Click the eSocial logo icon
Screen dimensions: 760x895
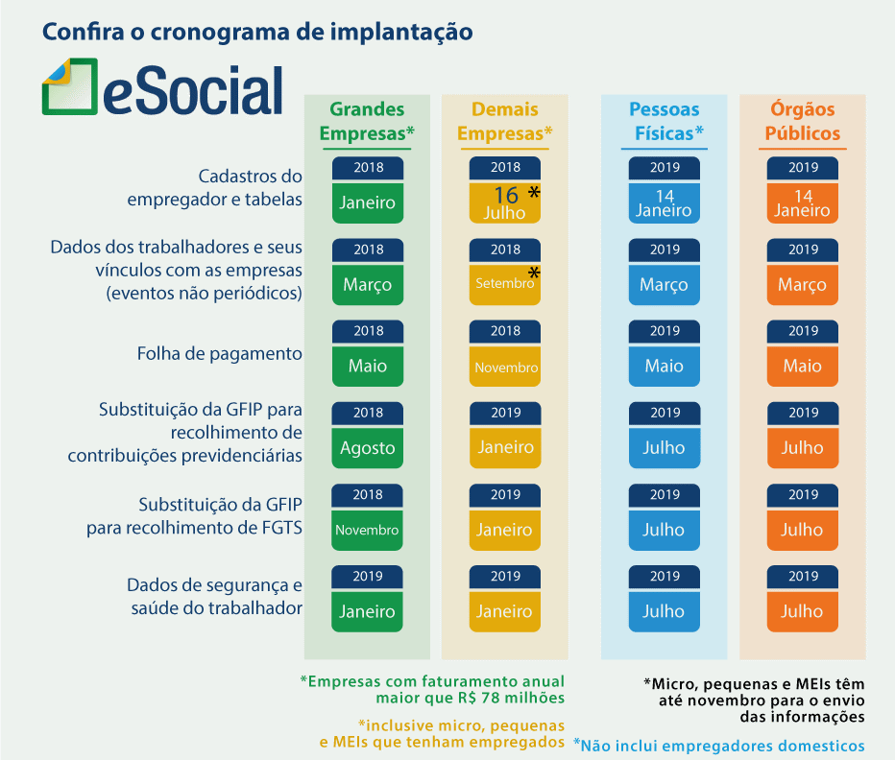coord(70,87)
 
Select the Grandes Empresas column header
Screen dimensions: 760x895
coord(367,122)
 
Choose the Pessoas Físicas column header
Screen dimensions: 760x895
coord(665,122)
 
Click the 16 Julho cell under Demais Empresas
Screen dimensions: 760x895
coord(505,202)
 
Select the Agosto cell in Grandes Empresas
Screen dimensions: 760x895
coord(367,448)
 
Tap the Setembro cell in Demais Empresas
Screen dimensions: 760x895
coord(505,284)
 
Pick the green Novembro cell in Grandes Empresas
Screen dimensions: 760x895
coord(367,530)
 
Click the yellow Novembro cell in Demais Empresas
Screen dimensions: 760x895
coord(505,367)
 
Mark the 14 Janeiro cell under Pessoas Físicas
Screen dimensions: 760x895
coord(665,202)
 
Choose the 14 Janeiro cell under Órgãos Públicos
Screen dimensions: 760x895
coord(803,202)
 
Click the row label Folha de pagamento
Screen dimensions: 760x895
coord(219,354)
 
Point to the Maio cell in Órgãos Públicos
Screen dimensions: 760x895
coord(803,367)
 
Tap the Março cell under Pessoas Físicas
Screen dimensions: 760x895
coord(665,284)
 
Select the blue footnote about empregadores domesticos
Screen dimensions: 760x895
coord(718,746)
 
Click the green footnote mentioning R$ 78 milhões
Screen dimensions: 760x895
coord(432,689)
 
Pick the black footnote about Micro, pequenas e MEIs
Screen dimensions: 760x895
coord(754,701)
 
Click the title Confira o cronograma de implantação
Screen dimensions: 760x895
coord(257,32)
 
